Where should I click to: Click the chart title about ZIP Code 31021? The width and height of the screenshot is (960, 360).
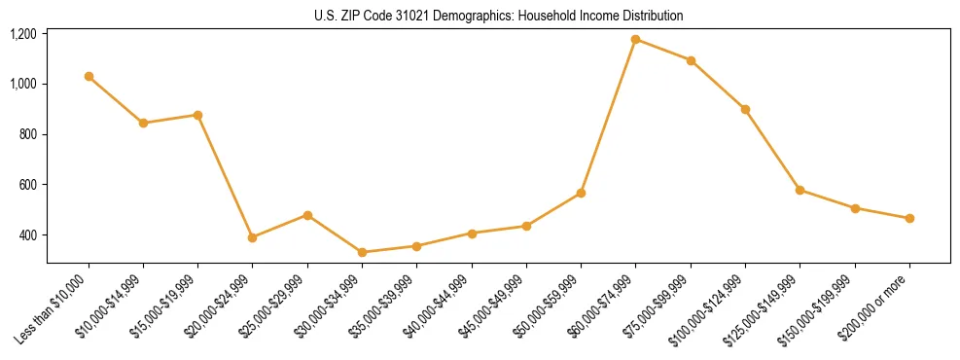click(499, 16)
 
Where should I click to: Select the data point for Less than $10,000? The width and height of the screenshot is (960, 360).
click(89, 76)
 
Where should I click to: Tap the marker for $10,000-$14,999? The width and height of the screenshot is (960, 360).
click(143, 123)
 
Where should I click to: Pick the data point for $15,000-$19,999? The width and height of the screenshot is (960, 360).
click(197, 115)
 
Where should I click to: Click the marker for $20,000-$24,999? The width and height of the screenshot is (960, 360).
click(252, 237)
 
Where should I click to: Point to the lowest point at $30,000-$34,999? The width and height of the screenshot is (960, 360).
click(362, 252)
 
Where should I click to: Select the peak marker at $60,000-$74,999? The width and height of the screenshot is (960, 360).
click(635, 39)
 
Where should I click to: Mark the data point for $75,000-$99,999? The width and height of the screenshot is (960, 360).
click(691, 60)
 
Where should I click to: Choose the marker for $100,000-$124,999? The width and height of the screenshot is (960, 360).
click(745, 109)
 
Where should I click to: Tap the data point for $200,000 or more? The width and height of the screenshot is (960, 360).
click(909, 218)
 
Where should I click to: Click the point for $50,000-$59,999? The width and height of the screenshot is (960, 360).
click(581, 193)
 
